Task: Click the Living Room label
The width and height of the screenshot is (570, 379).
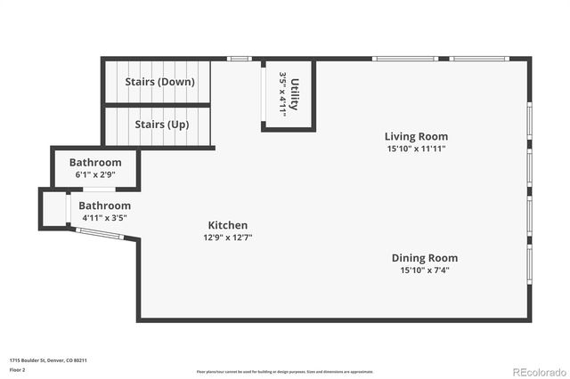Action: coord(416,136)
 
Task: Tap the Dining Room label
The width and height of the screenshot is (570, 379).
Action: coord(424,258)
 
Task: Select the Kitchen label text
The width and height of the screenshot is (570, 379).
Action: coord(228,225)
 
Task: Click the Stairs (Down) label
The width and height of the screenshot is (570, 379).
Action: coord(159,82)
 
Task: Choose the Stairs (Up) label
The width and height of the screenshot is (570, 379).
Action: coord(161,125)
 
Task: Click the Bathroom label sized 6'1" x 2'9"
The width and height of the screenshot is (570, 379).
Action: coord(95,162)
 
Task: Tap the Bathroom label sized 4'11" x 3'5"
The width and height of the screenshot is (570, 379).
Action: coord(105,206)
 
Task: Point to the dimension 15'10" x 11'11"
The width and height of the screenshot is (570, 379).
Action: coord(416,149)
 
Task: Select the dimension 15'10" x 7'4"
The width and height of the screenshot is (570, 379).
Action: coord(424,270)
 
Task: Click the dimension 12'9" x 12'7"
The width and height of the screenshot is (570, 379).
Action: coord(228,238)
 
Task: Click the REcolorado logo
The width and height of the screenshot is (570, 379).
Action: coord(537,370)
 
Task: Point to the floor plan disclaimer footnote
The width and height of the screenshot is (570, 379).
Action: coord(285,371)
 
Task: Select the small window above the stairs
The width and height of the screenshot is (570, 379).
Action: coord(239,59)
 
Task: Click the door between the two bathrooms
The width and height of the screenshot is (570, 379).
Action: coord(99,189)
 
